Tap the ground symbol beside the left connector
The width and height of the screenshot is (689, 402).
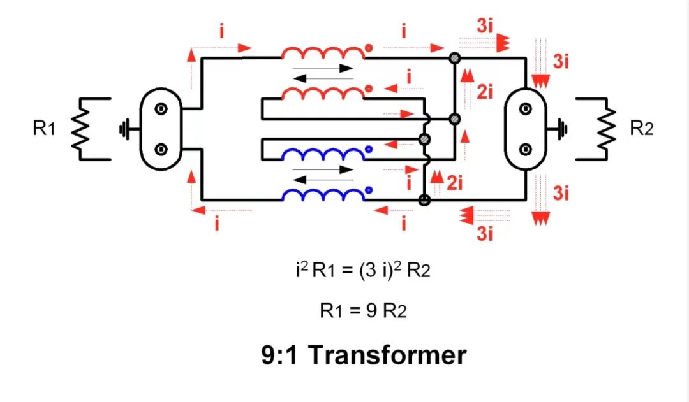point(124,130)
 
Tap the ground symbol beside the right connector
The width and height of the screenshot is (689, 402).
point(561,130)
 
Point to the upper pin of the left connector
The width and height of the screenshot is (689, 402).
point(161,110)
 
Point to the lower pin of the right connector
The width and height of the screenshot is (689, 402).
point(526,150)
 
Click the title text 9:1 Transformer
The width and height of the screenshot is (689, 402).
point(364,355)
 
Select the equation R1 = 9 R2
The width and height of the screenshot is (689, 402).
point(363,311)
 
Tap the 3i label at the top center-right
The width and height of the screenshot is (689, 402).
point(485,26)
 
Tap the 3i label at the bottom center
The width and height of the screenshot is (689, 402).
point(485,234)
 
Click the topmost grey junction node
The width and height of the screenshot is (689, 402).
point(454,58)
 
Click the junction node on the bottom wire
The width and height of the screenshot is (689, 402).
point(424,200)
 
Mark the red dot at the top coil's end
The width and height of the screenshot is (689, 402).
point(369,47)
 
